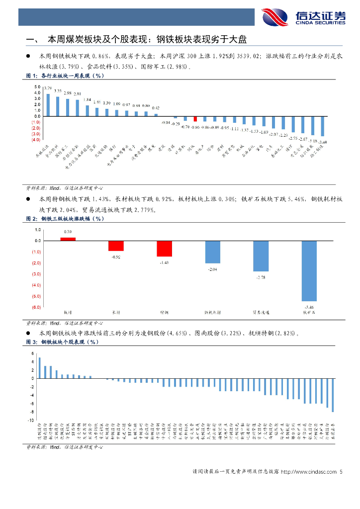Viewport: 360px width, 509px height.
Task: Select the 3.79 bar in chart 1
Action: tap(48, 104)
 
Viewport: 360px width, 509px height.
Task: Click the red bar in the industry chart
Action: tap(195, 119)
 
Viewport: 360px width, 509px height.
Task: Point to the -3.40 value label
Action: tap(323, 143)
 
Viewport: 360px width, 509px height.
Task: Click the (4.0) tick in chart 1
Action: tap(36, 140)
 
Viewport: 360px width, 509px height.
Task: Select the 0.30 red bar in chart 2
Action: tap(68, 239)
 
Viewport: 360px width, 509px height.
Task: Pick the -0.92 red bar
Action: tap(116, 246)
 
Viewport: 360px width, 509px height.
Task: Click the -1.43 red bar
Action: tap(164, 249)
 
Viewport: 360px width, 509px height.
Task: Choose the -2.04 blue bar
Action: tap(212, 252)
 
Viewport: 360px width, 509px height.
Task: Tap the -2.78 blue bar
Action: tap(261, 256)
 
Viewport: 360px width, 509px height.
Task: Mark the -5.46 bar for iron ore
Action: tap(309, 271)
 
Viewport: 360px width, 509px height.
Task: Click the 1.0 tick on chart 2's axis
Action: tap(38, 230)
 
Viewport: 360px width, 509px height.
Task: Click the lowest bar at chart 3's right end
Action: tap(333, 395)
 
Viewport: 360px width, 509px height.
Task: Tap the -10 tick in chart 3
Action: tap(32, 421)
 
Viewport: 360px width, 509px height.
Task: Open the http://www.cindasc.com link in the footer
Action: tap(309, 472)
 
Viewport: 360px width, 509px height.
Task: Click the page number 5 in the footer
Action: tap(341, 472)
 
